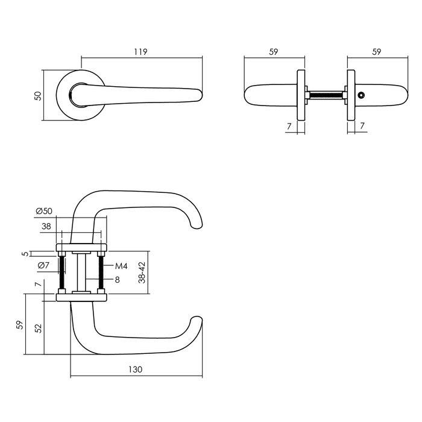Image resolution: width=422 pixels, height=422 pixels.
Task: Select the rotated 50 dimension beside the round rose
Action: (38, 95)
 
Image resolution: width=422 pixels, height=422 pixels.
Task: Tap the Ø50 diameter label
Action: (44, 211)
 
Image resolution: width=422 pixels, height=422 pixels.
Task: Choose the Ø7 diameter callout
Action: (43, 266)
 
